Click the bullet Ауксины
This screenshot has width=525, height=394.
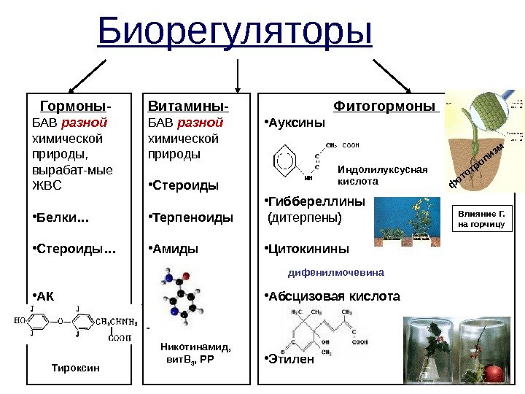coord(295,122)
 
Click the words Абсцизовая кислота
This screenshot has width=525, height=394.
coord(334,297)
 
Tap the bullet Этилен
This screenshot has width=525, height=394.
coord(291,358)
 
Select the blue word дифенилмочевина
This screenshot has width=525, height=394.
coord(336,272)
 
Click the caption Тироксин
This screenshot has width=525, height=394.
coord(74,367)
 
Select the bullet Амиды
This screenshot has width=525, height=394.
coord(175,249)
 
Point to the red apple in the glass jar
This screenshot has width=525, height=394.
coord(494,373)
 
